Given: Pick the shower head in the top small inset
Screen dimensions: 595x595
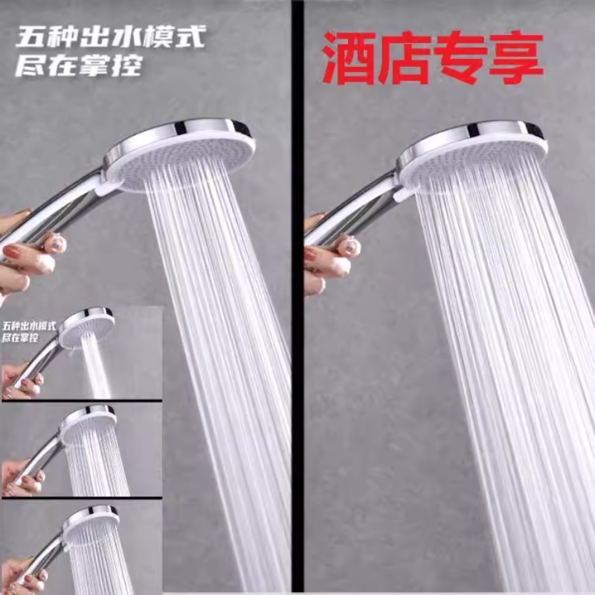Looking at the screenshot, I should (87, 327).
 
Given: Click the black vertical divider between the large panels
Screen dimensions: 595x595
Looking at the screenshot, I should (297, 297).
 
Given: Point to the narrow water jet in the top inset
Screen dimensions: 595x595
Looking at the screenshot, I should (95, 372).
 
